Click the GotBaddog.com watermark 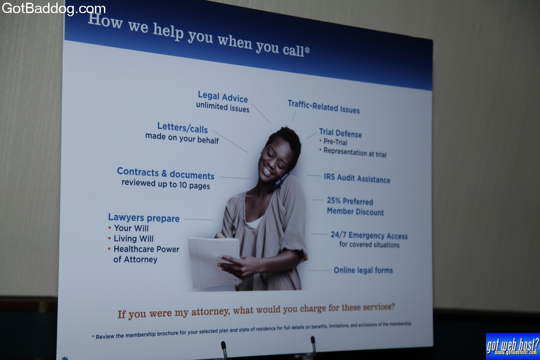coord(54,9)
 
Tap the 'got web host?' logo coord(513,346)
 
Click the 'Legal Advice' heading coord(223,97)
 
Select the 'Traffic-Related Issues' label coord(324,107)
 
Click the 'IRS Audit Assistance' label coord(357,179)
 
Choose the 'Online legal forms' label coord(363,270)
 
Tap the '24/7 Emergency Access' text coord(369,235)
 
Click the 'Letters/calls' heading coord(183,128)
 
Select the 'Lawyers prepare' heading coord(144,218)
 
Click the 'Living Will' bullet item coord(133,238)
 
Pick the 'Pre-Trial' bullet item coord(335,142)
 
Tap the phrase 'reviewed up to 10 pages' coord(166,184)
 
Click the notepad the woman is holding coord(214,263)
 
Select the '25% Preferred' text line coord(350,201)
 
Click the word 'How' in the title coord(105,21)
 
